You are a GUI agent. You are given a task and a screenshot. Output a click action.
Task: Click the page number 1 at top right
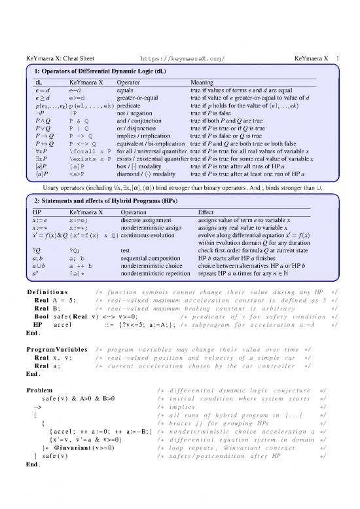pyautogui.click(x=336, y=58)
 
